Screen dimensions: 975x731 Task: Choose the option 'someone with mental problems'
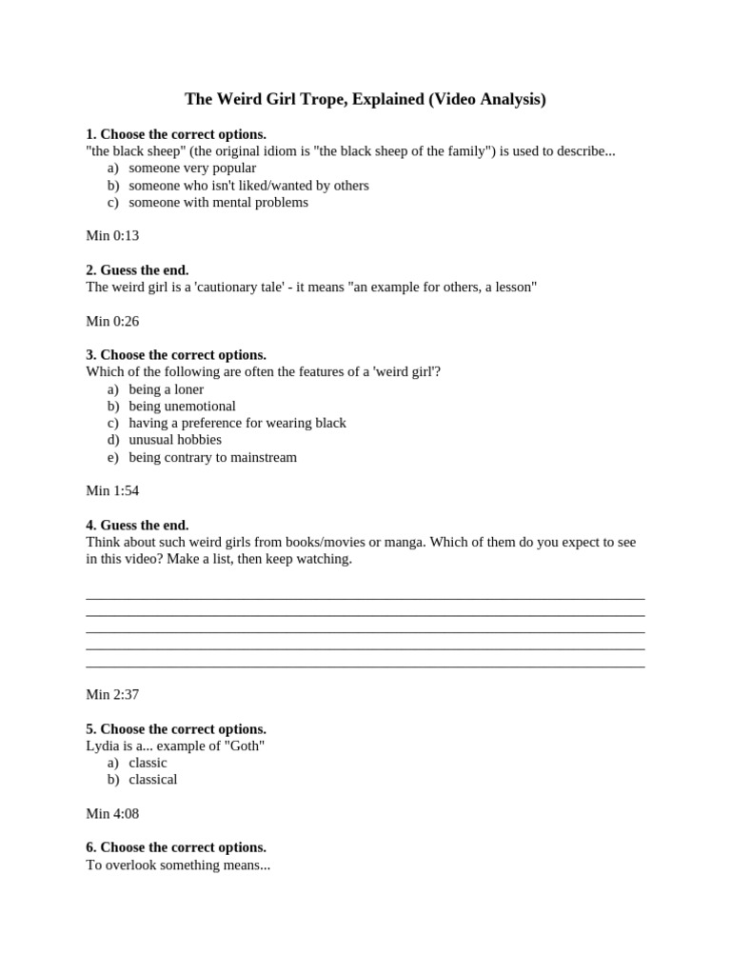pyautogui.click(x=218, y=202)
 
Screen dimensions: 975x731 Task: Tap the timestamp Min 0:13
pyautogui.click(x=112, y=235)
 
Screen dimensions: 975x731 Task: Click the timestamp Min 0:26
pyautogui.click(x=112, y=321)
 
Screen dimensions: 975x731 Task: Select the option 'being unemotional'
pyautogui.click(x=182, y=406)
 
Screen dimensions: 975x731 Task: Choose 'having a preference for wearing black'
pyautogui.click(x=237, y=423)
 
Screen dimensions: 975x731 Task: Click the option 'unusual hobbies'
pyautogui.click(x=175, y=440)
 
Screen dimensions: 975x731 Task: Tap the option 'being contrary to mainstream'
pyautogui.click(x=212, y=457)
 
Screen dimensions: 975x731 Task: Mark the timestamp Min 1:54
pyautogui.click(x=112, y=490)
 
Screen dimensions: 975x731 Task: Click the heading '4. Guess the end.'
pyautogui.click(x=137, y=525)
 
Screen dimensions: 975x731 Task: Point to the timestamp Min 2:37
pyautogui.click(x=112, y=694)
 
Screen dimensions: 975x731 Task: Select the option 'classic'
pyautogui.click(x=148, y=763)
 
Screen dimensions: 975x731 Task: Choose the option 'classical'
pyautogui.click(x=153, y=780)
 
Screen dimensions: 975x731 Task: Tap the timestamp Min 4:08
pyautogui.click(x=112, y=813)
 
